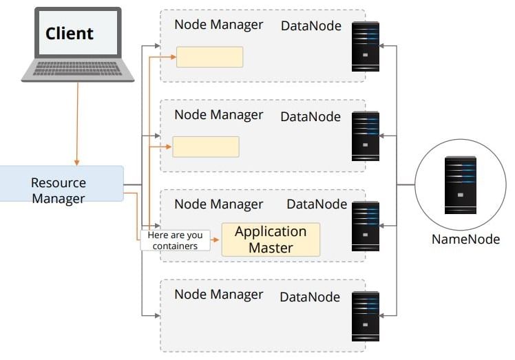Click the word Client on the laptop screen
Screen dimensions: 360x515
click(70, 33)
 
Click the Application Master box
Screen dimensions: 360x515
click(271, 240)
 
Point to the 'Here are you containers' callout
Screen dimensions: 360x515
click(176, 240)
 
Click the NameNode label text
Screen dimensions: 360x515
click(465, 240)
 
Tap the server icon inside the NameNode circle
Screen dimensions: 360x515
click(460, 184)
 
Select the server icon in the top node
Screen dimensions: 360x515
click(365, 46)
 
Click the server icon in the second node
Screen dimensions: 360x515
click(365, 136)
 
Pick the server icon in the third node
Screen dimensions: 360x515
click(365, 225)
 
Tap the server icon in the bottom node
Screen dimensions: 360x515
click(365, 315)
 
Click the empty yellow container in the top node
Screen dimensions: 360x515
click(210, 57)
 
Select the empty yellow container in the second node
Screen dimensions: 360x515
click(206, 147)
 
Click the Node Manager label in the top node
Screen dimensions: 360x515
click(218, 25)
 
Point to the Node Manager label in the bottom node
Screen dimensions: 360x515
click(218, 295)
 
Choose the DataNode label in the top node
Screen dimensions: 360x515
click(311, 26)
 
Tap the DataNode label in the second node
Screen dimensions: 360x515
click(311, 116)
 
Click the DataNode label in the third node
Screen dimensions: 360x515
click(317, 204)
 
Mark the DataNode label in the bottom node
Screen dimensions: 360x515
click(310, 297)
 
